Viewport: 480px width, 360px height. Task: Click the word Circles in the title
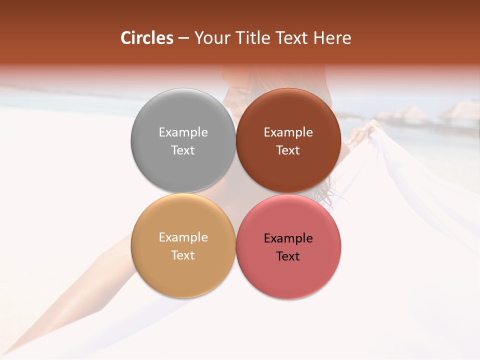click(x=146, y=38)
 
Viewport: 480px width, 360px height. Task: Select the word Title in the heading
click(x=253, y=38)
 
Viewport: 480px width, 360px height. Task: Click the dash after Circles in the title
click(x=183, y=38)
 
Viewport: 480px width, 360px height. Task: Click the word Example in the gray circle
click(x=183, y=132)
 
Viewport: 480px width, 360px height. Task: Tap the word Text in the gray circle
click(x=183, y=150)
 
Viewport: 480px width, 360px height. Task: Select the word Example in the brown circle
click(x=288, y=132)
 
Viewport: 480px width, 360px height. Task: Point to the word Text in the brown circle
click(x=288, y=150)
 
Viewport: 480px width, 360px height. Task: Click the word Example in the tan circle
click(x=183, y=237)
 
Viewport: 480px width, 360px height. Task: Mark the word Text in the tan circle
click(x=183, y=255)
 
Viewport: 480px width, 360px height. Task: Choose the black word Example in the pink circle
click(x=288, y=238)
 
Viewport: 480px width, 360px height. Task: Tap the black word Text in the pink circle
click(x=288, y=256)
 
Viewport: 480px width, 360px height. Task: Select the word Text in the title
click(x=291, y=38)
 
